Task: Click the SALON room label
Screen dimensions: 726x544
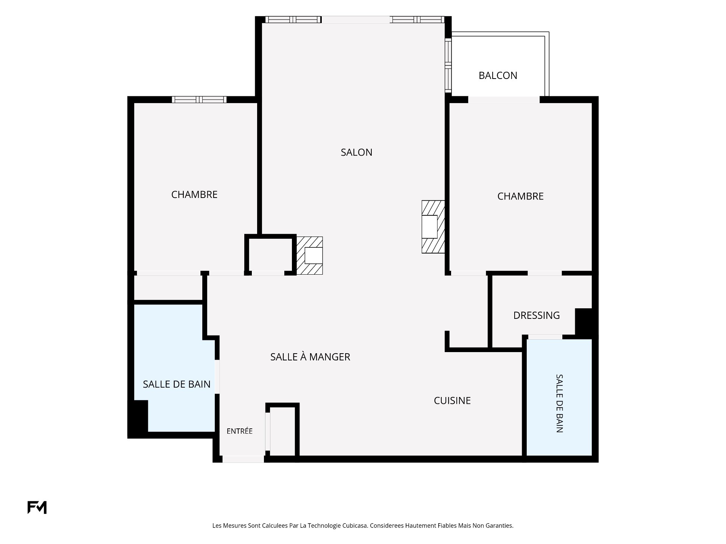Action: [356, 152]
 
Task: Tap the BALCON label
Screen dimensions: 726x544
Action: [498, 76]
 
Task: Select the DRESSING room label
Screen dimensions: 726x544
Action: [536, 315]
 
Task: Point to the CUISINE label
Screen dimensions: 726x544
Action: [452, 400]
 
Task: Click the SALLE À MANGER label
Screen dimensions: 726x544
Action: [310, 357]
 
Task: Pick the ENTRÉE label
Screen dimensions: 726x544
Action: [239, 431]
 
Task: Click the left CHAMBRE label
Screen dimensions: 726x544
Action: [194, 195]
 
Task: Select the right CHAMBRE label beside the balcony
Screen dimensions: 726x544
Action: [520, 196]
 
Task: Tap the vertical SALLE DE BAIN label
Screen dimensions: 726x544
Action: [559, 403]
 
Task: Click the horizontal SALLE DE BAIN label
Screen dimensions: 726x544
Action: [177, 384]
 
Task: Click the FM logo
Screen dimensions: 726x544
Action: [37, 507]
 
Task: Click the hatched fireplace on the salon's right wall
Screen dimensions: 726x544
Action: [433, 227]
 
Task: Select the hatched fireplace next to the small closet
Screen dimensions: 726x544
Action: [309, 255]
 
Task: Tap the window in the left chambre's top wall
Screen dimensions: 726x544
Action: [199, 100]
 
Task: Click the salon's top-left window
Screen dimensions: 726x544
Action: [293, 20]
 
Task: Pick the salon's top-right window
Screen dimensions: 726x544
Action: [417, 20]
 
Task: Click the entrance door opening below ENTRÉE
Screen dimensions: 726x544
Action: [243, 459]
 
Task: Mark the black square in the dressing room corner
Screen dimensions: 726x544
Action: [583, 321]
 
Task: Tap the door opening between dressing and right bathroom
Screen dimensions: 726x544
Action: [545, 337]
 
